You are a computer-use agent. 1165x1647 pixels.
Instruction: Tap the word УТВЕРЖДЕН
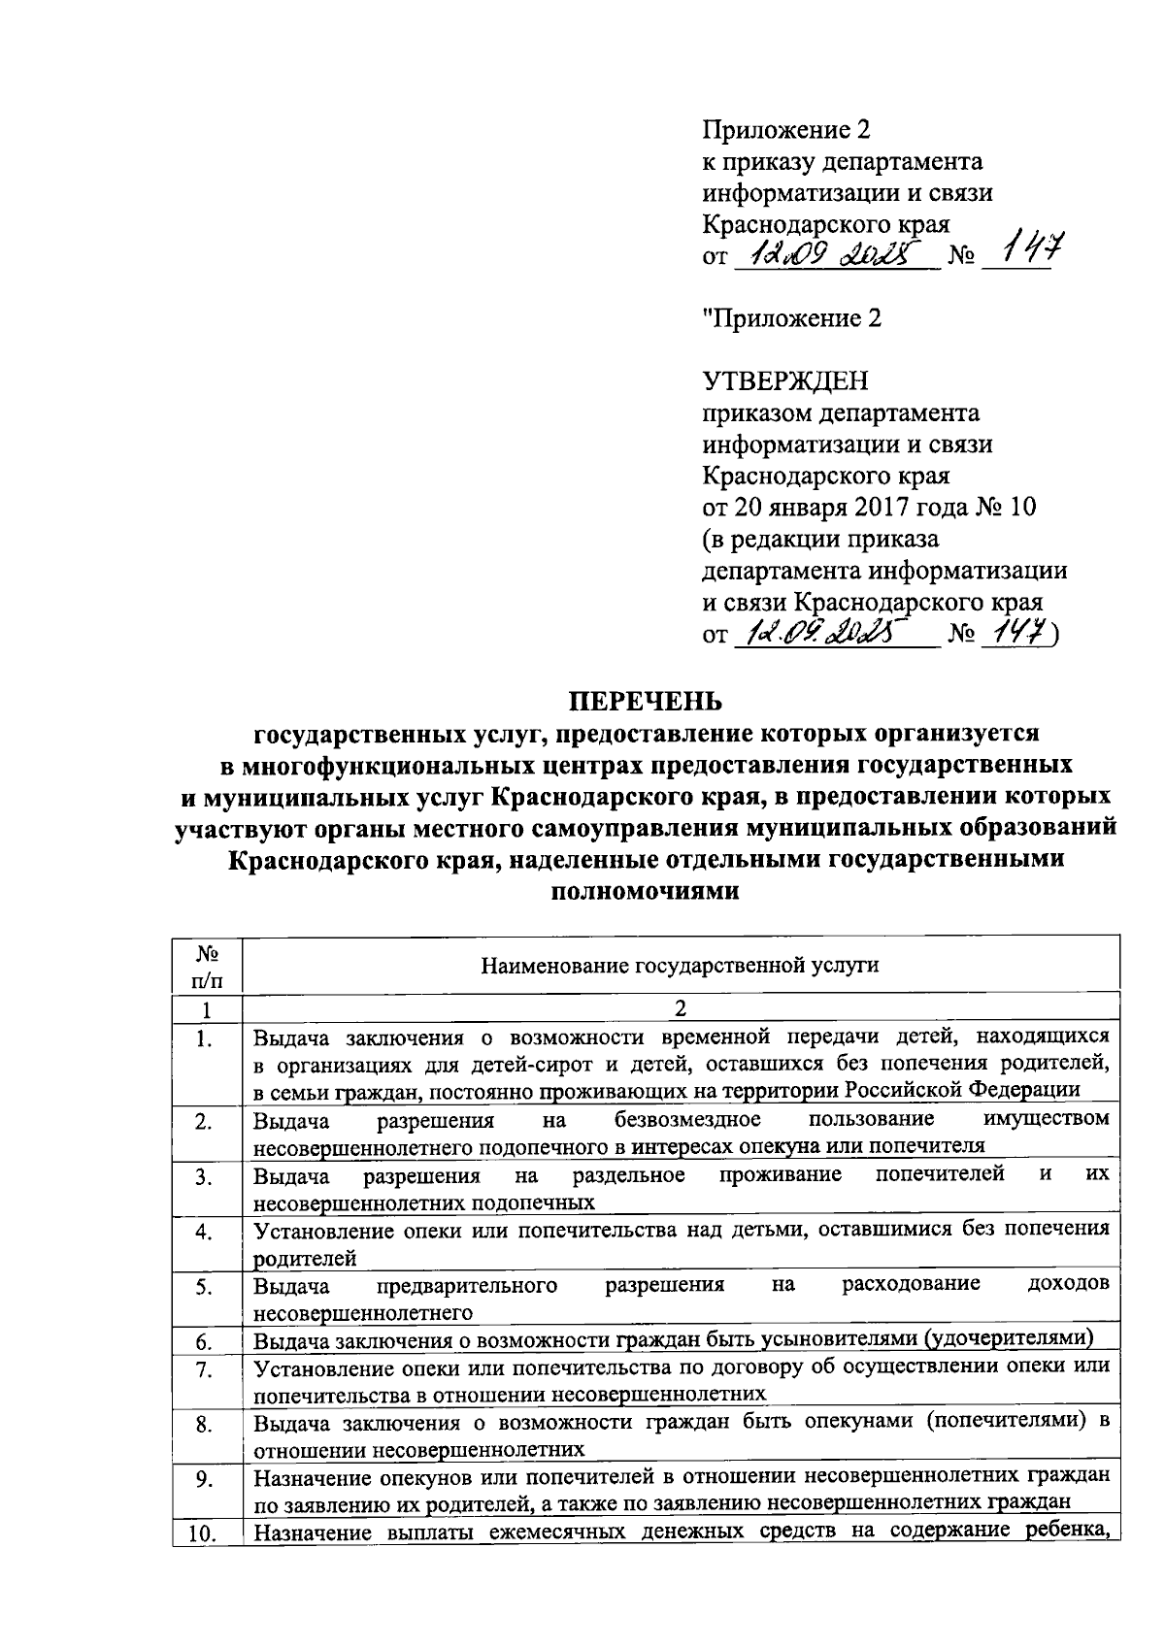785,381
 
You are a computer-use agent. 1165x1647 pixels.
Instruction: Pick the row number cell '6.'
205,1342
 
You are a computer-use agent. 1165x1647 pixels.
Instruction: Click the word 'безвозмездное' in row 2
687,1120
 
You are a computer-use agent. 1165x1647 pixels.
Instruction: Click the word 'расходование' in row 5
911,1285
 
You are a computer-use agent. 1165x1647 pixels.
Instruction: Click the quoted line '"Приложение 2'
791,318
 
